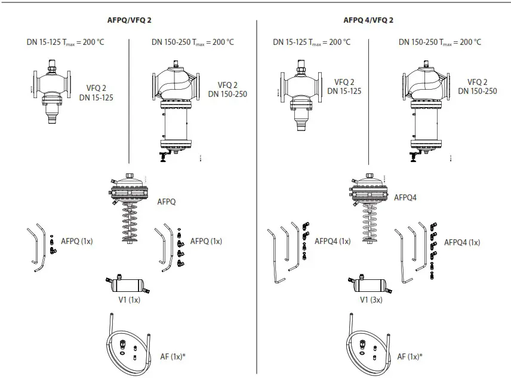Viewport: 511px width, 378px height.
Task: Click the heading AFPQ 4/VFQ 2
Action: click(368, 20)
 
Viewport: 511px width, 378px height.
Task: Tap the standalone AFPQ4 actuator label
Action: click(406, 197)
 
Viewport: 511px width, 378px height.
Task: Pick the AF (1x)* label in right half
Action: click(410, 356)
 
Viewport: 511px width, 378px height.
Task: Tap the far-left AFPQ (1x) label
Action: click(77, 242)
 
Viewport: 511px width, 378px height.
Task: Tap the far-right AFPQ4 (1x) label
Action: click(462, 242)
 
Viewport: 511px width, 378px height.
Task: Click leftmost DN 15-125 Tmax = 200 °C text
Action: click(66, 42)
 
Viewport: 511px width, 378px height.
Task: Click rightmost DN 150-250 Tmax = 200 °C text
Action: click(440, 42)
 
